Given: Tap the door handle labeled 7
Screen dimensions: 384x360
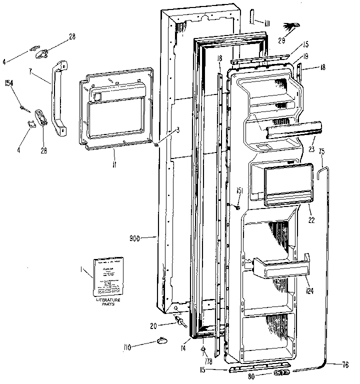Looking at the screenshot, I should (x=56, y=97).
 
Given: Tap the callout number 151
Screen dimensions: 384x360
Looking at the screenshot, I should (x=239, y=189).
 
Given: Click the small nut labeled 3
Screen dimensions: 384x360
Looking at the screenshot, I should (x=157, y=145).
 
